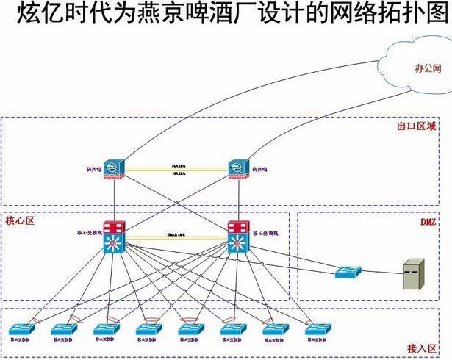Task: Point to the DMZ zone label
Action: coord(428,221)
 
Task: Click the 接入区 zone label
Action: coord(422,348)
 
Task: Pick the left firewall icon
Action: coord(115,170)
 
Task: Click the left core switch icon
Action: coord(115,237)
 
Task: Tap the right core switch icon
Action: coord(240,237)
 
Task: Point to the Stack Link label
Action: coord(177,234)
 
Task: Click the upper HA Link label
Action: coord(179,165)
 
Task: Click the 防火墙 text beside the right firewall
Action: coord(260,170)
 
